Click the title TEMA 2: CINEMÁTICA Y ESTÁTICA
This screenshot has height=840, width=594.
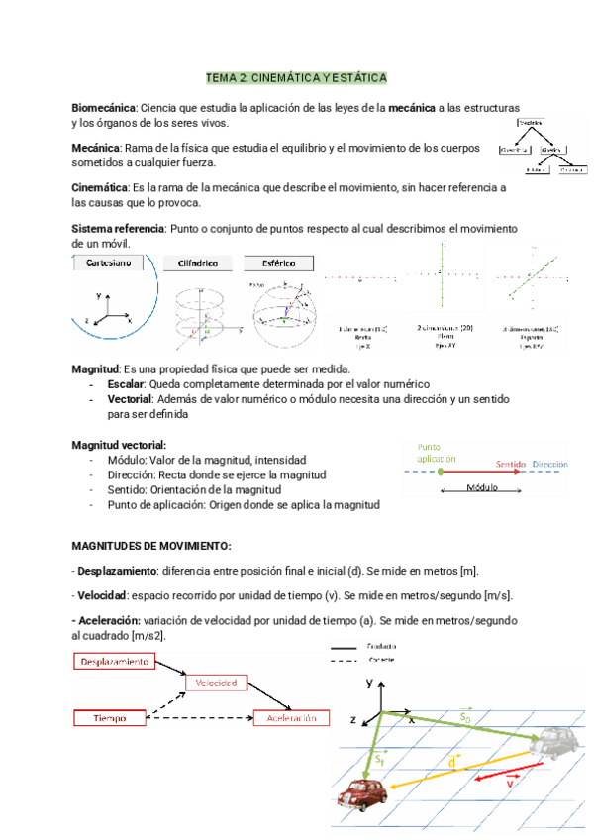pyautogui.click(x=296, y=77)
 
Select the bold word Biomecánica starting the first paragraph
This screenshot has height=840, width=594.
pyautogui.click(x=104, y=107)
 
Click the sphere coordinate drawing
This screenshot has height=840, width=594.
pyautogui.click(x=281, y=312)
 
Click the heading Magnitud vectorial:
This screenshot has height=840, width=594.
pyautogui.click(x=120, y=445)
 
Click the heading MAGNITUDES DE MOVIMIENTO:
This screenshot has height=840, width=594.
pyautogui.click(x=152, y=546)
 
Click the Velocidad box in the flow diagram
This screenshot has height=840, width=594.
pyautogui.click(x=214, y=683)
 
